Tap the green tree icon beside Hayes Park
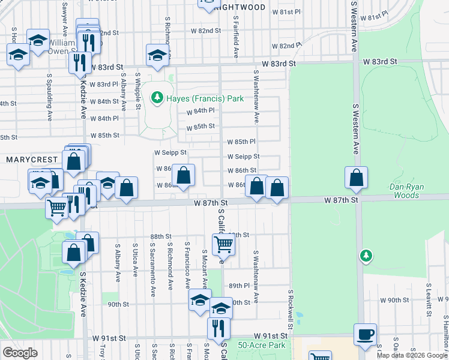coord(158,97)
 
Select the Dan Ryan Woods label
coord(407,191)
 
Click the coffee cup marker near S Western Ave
coord(365,334)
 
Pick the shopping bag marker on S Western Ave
coord(356,178)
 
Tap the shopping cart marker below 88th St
coord(223,244)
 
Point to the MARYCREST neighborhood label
coord(31,160)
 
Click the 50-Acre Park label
coord(261,345)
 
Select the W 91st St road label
coord(270,335)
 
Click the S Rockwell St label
coord(291,310)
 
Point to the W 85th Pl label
coord(242,142)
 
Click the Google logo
coord(20,352)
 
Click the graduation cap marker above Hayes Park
coord(157,55)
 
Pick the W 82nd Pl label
coord(286,46)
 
